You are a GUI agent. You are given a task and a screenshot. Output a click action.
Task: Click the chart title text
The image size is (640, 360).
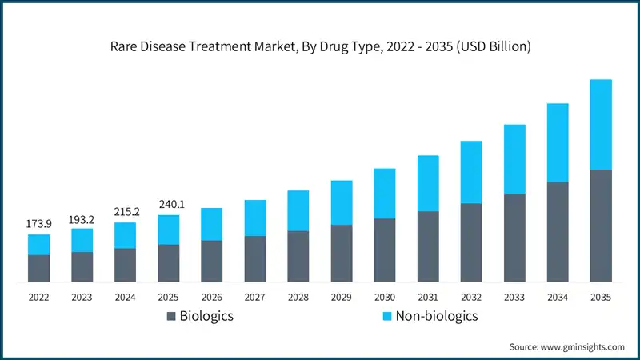point(320,46)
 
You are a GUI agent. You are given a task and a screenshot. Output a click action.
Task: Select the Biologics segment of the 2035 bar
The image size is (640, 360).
point(600,226)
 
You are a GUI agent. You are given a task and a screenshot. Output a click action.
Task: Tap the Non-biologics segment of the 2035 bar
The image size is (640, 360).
point(600,124)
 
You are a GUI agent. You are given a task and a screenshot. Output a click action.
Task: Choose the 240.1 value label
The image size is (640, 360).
point(168,204)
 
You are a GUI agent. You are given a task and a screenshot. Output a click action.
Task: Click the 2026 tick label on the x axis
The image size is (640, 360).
point(211,296)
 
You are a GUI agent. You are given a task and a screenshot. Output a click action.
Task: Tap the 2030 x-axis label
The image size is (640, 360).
point(384,296)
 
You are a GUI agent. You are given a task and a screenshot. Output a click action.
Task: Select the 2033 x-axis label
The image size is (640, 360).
point(514,296)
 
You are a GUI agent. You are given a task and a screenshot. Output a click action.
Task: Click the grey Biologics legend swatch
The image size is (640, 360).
point(171,317)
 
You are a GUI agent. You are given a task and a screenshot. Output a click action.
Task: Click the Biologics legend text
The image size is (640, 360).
point(206,316)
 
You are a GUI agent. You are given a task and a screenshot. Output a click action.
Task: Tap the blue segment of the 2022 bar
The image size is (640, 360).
point(38,244)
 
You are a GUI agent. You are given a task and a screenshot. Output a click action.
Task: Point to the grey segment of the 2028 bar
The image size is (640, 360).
point(298,256)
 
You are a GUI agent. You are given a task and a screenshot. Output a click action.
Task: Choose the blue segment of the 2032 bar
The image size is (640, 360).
point(470,172)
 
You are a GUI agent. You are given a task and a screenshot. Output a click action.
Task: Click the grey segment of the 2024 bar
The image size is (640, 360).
point(125,265)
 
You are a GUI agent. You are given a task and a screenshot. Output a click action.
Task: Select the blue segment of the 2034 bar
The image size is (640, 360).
point(557,142)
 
